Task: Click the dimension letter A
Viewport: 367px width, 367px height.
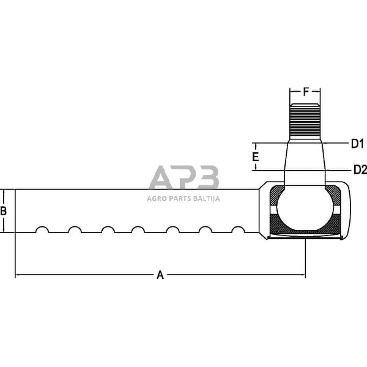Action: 160,275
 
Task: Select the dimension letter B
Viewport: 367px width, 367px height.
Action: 4,211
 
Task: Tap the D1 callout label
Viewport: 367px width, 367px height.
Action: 357,144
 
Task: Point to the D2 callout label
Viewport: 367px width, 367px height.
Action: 358,169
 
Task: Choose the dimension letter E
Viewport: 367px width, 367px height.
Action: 256,157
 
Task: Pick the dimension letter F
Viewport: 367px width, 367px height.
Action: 305,92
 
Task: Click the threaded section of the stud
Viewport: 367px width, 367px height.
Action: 305,120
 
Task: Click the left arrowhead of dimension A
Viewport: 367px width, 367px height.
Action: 18,275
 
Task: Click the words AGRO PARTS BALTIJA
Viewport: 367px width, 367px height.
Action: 183,198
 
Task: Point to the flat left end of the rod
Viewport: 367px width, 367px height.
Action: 15,211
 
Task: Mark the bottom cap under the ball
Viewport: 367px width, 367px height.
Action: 304,236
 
